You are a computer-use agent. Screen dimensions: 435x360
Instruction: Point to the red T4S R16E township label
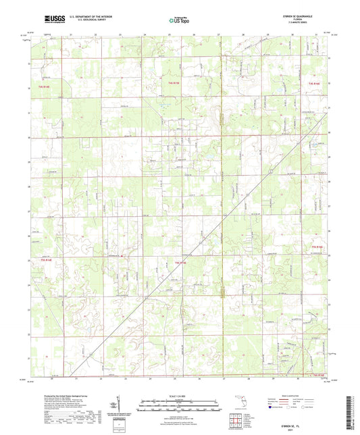[315, 82]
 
